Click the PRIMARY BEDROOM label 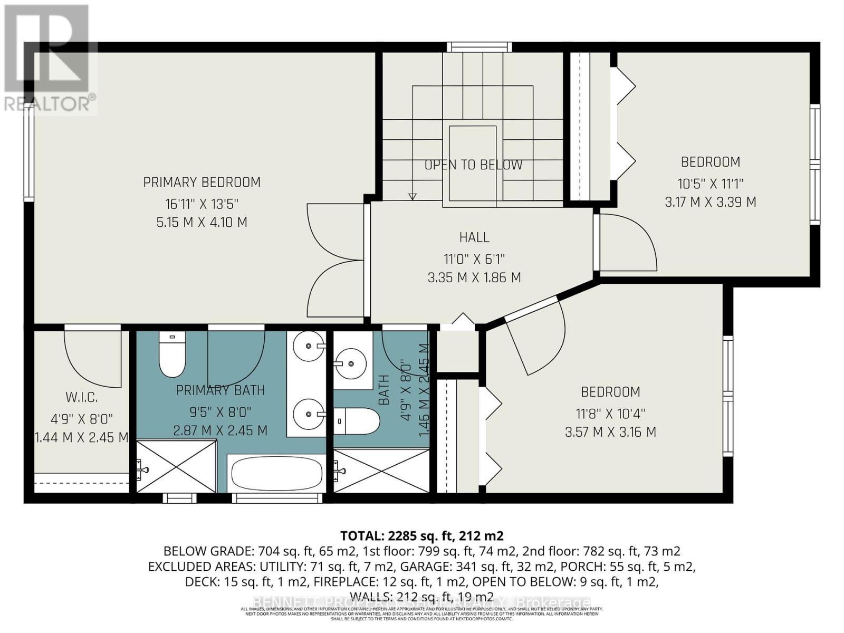coord(202,183)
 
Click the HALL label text coord(474,238)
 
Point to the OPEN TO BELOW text coord(473,165)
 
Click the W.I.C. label coord(82,397)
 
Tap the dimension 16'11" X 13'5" coord(202,203)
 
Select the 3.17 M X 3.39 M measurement coord(711,202)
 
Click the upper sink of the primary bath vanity coord(309,346)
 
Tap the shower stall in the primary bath coord(176,467)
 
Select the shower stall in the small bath coord(381,471)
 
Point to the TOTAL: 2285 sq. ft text coord(422,536)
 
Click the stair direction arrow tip coord(413,198)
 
